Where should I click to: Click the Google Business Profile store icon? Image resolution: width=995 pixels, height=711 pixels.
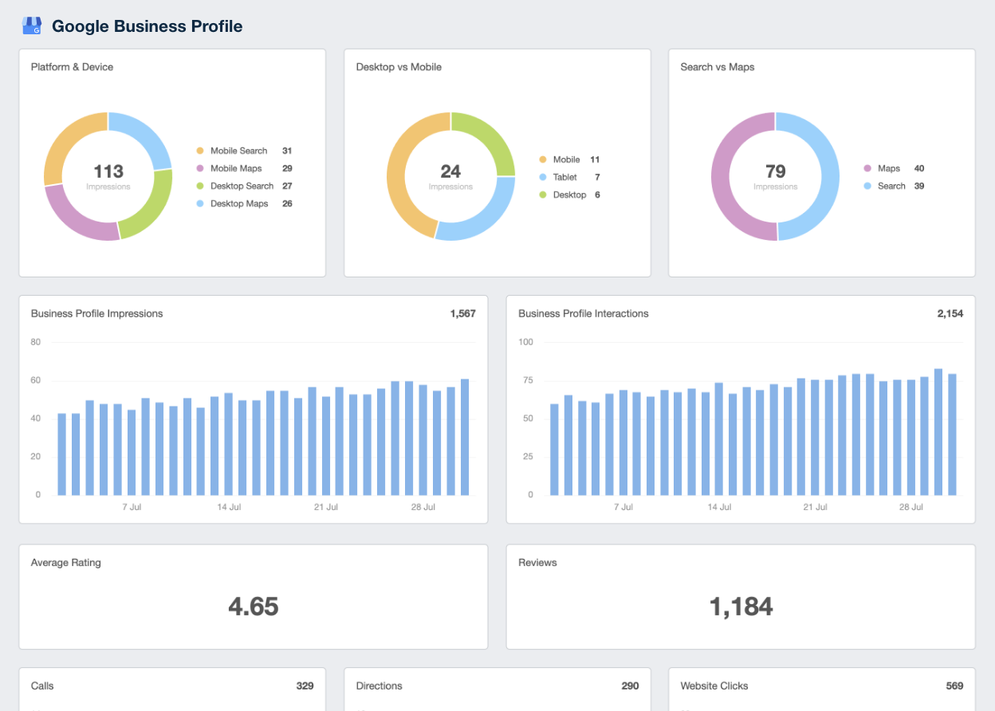click(x=32, y=26)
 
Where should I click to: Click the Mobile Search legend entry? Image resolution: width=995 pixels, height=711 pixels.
click(x=238, y=151)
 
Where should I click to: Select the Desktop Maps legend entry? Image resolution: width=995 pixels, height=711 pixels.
click(x=238, y=203)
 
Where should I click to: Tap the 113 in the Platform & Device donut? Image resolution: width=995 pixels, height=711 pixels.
click(x=108, y=171)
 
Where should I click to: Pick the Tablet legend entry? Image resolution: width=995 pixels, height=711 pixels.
click(x=564, y=177)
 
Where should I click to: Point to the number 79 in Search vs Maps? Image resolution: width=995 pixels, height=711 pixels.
click(x=775, y=171)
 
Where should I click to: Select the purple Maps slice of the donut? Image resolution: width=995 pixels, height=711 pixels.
click(x=727, y=177)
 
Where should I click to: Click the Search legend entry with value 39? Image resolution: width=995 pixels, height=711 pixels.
click(x=891, y=186)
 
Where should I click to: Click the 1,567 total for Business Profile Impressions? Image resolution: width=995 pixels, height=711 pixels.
click(x=462, y=313)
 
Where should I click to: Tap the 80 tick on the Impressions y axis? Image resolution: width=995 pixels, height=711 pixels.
click(x=36, y=342)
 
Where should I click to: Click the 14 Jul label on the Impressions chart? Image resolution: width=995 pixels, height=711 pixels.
click(x=229, y=507)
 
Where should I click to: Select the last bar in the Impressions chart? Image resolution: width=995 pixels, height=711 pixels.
click(x=465, y=437)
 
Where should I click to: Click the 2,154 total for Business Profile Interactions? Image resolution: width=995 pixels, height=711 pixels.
click(x=950, y=313)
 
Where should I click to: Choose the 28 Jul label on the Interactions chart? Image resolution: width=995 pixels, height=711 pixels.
click(x=910, y=507)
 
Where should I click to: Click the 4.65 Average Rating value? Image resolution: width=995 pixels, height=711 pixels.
click(x=253, y=607)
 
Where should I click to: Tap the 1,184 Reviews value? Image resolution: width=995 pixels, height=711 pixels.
click(x=741, y=607)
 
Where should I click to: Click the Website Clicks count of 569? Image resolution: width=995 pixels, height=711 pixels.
click(x=954, y=685)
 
